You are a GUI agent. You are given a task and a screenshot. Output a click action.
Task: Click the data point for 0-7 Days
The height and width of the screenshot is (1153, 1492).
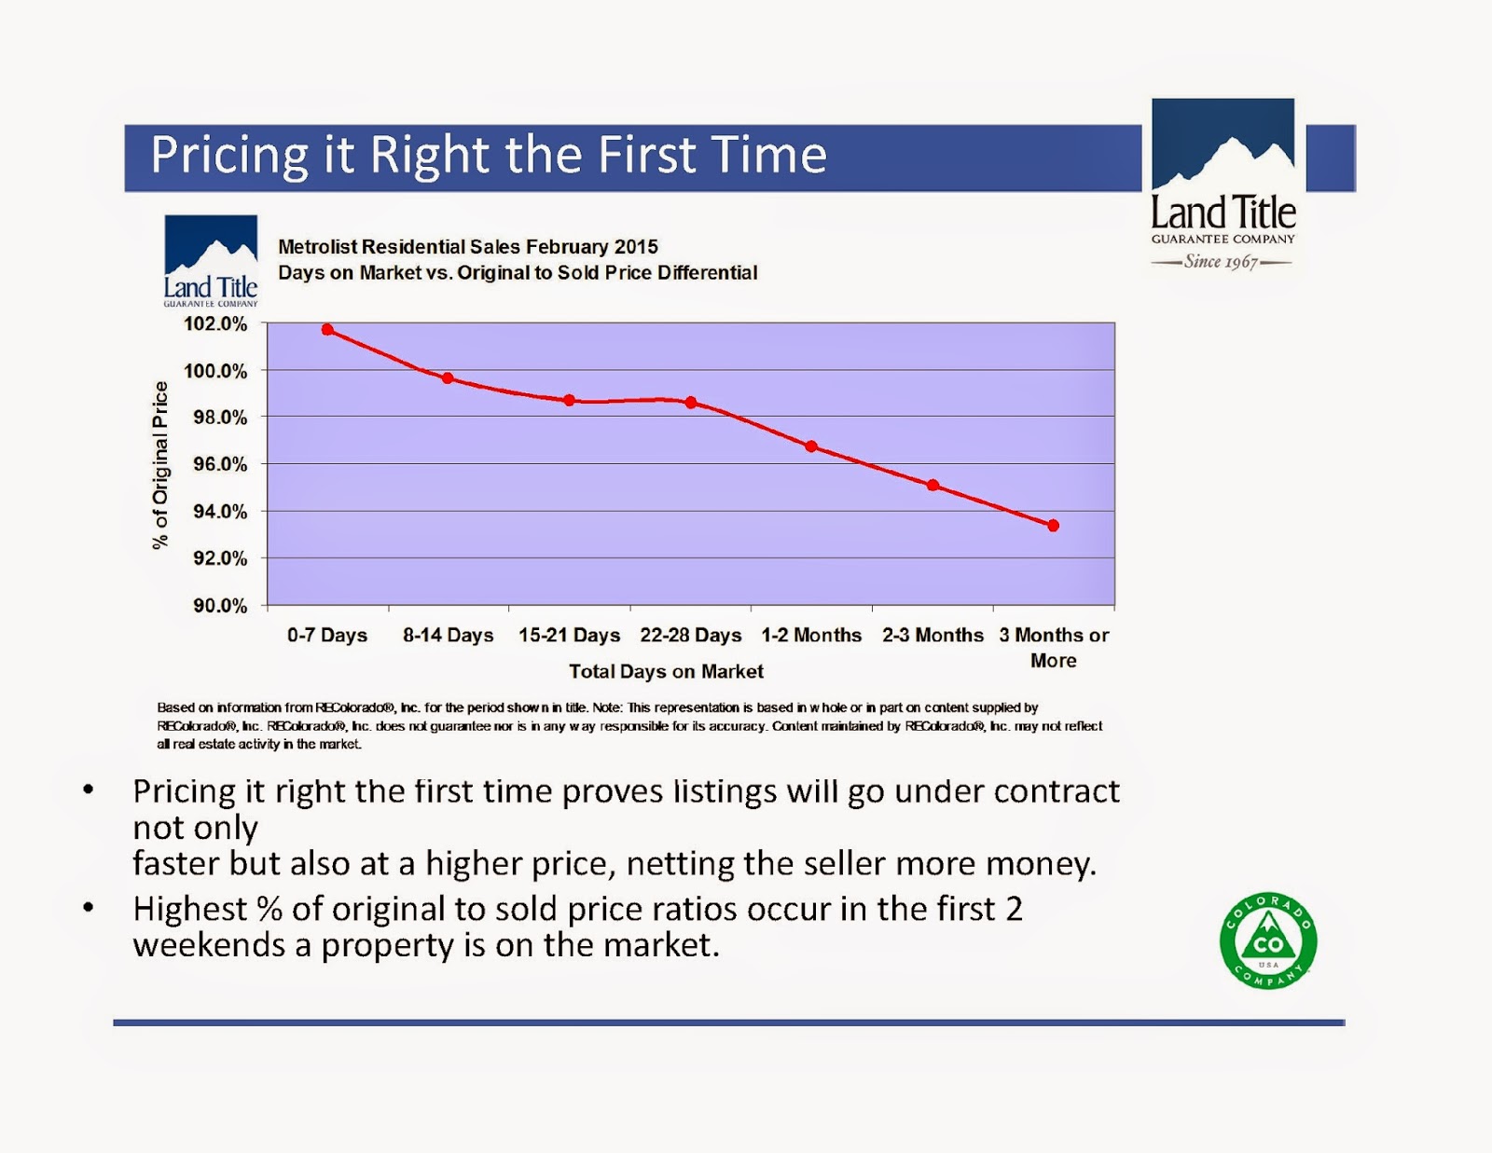tap(327, 329)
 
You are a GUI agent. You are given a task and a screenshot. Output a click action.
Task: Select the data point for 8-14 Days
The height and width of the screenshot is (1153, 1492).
tap(448, 378)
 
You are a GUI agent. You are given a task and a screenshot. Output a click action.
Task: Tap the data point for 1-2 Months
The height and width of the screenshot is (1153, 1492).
tap(811, 446)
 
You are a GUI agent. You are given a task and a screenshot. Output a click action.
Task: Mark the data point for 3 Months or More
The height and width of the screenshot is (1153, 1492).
tap(1053, 526)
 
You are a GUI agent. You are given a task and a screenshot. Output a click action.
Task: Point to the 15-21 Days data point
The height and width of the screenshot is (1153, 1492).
tap(569, 400)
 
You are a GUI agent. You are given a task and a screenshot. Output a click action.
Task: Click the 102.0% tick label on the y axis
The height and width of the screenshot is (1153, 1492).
tap(215, 324)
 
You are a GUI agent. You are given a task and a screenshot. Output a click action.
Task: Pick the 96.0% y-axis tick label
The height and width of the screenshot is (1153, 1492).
tap(220, 464)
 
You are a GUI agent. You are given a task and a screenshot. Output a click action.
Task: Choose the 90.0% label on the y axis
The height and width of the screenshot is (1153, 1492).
tap(220, 606)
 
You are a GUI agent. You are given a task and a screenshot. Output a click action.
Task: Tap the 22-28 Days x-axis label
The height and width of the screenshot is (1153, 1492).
tap(690, 636)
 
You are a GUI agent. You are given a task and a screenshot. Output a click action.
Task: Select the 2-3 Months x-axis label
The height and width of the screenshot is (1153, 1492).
tap(932, 636)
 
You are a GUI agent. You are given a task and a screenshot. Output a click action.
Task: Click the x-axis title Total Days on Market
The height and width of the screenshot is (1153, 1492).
tap(666, 671)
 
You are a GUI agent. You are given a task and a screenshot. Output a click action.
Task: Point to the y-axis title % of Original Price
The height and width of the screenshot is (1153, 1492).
tap(161, 465)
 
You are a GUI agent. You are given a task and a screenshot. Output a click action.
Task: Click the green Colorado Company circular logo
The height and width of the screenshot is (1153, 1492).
tap(1267, 940)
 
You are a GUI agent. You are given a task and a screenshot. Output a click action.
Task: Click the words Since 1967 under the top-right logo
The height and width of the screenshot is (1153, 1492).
tap(1221, 262)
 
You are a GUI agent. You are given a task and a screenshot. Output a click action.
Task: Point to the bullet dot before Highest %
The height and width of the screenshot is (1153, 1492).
tap(89, 906)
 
